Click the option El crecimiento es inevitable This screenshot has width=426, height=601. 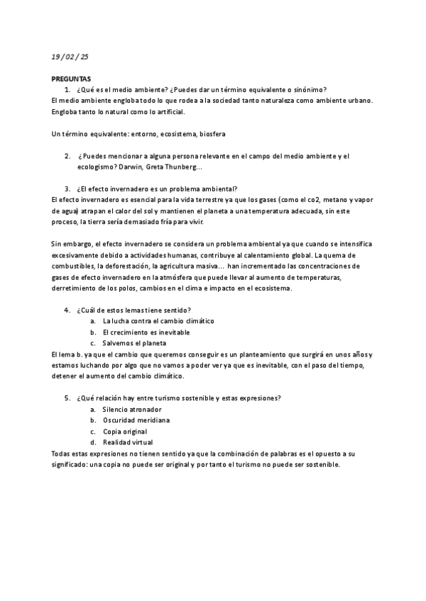coord(146,332)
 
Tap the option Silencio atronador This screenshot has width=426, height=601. coord(132,410)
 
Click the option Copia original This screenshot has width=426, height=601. coord(125,432)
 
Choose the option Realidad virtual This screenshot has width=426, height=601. coord(129,442)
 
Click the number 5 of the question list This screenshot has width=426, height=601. coord(67,398)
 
